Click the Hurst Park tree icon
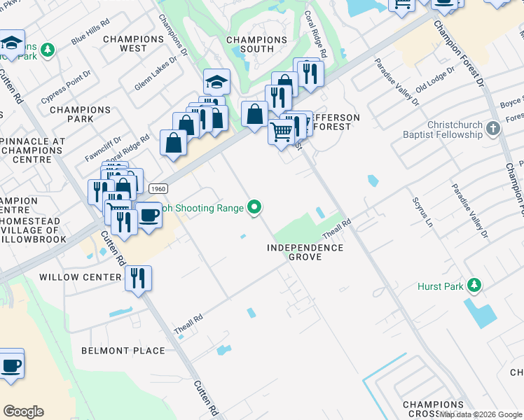click(x=475, y=285)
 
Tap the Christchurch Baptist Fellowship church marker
click(x=493, y=128)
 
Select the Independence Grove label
click(x=306, y=253)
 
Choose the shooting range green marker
click(x=255, y=207)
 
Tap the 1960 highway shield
click(x=158, y=188)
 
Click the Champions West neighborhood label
click(x=133, y=44)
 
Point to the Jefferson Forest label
click(x=336, y=122)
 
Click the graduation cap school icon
click(x=216, y=82)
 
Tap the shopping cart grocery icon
click(x=281, y=131)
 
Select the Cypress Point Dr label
click(x=66, y=87)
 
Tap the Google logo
click(x=23, y=412)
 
